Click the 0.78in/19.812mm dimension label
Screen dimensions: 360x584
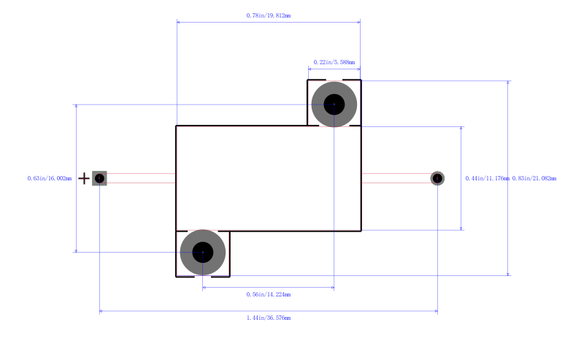click(268, 15)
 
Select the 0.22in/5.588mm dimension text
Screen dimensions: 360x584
click(334, 63)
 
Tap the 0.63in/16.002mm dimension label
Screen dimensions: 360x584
click(50, 179)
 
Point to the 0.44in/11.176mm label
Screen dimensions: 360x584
click(487, 179)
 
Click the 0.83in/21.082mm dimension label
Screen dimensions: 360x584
click(534, 179)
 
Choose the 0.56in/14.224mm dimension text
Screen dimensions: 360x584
click(269, 294)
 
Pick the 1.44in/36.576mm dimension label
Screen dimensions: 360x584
click(269, 318)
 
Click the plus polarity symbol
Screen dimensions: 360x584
click(83, 178)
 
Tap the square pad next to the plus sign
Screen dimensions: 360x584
click(100, 178)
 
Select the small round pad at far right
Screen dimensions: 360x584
click(437, 178)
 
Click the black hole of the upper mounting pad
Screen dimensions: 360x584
click(334, 104)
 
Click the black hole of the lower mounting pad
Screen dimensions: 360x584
click(203, 252)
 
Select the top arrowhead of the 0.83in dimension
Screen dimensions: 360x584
click(509, 83)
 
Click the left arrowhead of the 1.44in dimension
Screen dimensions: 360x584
click(101, 312)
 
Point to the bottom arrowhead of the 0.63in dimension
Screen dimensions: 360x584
click(77, 250)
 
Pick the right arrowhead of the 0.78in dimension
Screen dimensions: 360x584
click(358, 22)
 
